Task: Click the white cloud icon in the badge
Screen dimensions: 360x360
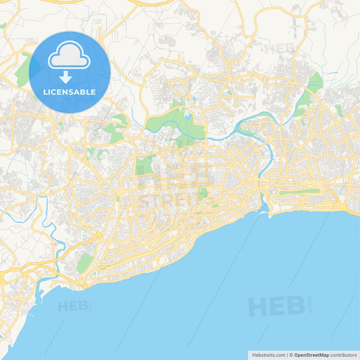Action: (x=70, y=57)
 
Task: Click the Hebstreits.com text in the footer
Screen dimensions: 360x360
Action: (x=267, y=355)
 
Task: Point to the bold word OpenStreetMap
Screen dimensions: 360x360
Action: (x=311, y=355)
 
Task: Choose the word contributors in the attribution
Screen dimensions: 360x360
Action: (x=343, y=355)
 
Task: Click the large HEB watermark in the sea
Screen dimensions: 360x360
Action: (x=276, y=306)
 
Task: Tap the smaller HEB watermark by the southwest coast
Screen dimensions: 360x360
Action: (x=73, y=306)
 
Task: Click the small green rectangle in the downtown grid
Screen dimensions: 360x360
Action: (x=202, y=193)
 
